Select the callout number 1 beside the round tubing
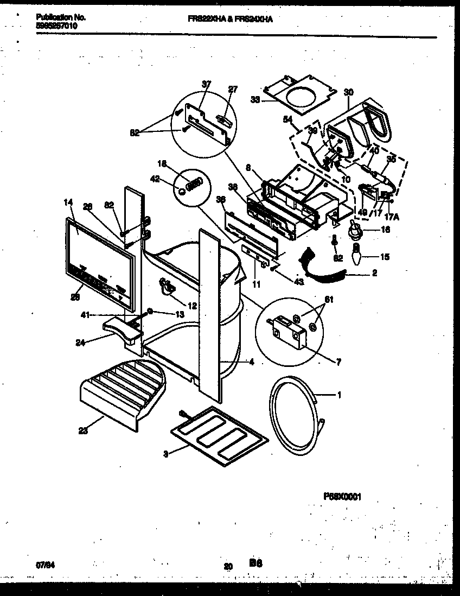340,395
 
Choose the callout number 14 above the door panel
67,202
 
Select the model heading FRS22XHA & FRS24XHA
230,18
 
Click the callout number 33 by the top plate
255,100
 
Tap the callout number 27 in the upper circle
233,90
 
